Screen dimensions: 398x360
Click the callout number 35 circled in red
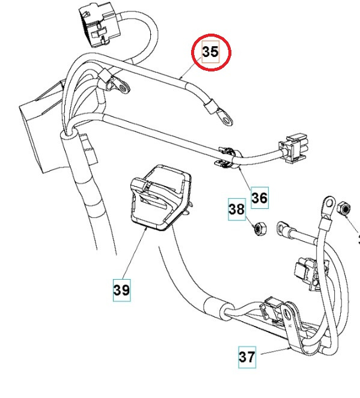tap(210, 52)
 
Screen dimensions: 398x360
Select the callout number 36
tap(260, 197)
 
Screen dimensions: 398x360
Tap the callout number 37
tap(247, 357)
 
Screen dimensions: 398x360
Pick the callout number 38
tap(237, 210)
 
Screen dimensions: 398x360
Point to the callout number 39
tap(121, 290)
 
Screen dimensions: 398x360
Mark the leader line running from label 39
tap(136, 255)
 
